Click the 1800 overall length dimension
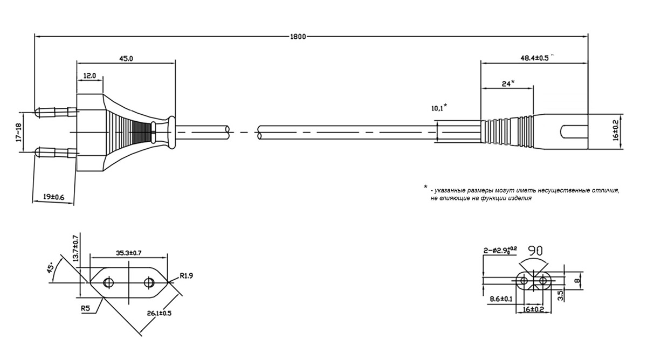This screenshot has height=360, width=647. click(297, 37)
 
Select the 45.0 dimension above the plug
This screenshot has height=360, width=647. click(126, 58)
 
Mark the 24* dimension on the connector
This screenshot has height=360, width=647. click(508, 83)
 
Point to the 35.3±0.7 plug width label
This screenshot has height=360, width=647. click(129, 252)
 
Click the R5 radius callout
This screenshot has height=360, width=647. click(85, 308)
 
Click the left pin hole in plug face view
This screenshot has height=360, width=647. click(108, 282)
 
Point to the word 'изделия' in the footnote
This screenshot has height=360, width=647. click(519, 198)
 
